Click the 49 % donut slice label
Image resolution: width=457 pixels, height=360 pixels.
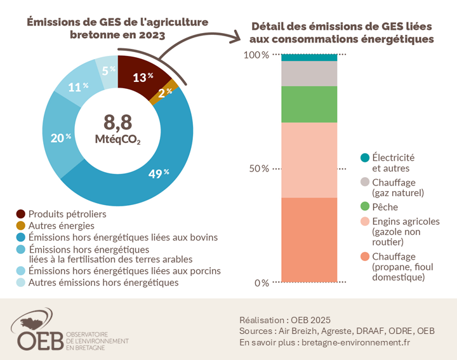158,173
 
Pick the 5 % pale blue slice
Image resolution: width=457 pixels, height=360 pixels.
107,70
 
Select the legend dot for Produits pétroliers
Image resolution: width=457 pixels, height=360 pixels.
21,215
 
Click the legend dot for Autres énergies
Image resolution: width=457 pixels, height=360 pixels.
21,226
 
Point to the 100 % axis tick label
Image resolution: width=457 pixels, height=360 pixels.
257,55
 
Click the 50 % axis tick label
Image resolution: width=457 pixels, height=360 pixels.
257,169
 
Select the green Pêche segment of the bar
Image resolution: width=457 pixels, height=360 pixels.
309,104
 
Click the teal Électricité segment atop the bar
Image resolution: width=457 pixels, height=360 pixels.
309,57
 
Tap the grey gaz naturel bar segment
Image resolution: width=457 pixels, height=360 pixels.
309,74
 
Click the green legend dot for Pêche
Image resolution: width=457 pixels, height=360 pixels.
364,207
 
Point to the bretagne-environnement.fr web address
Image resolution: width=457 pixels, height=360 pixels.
355,342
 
